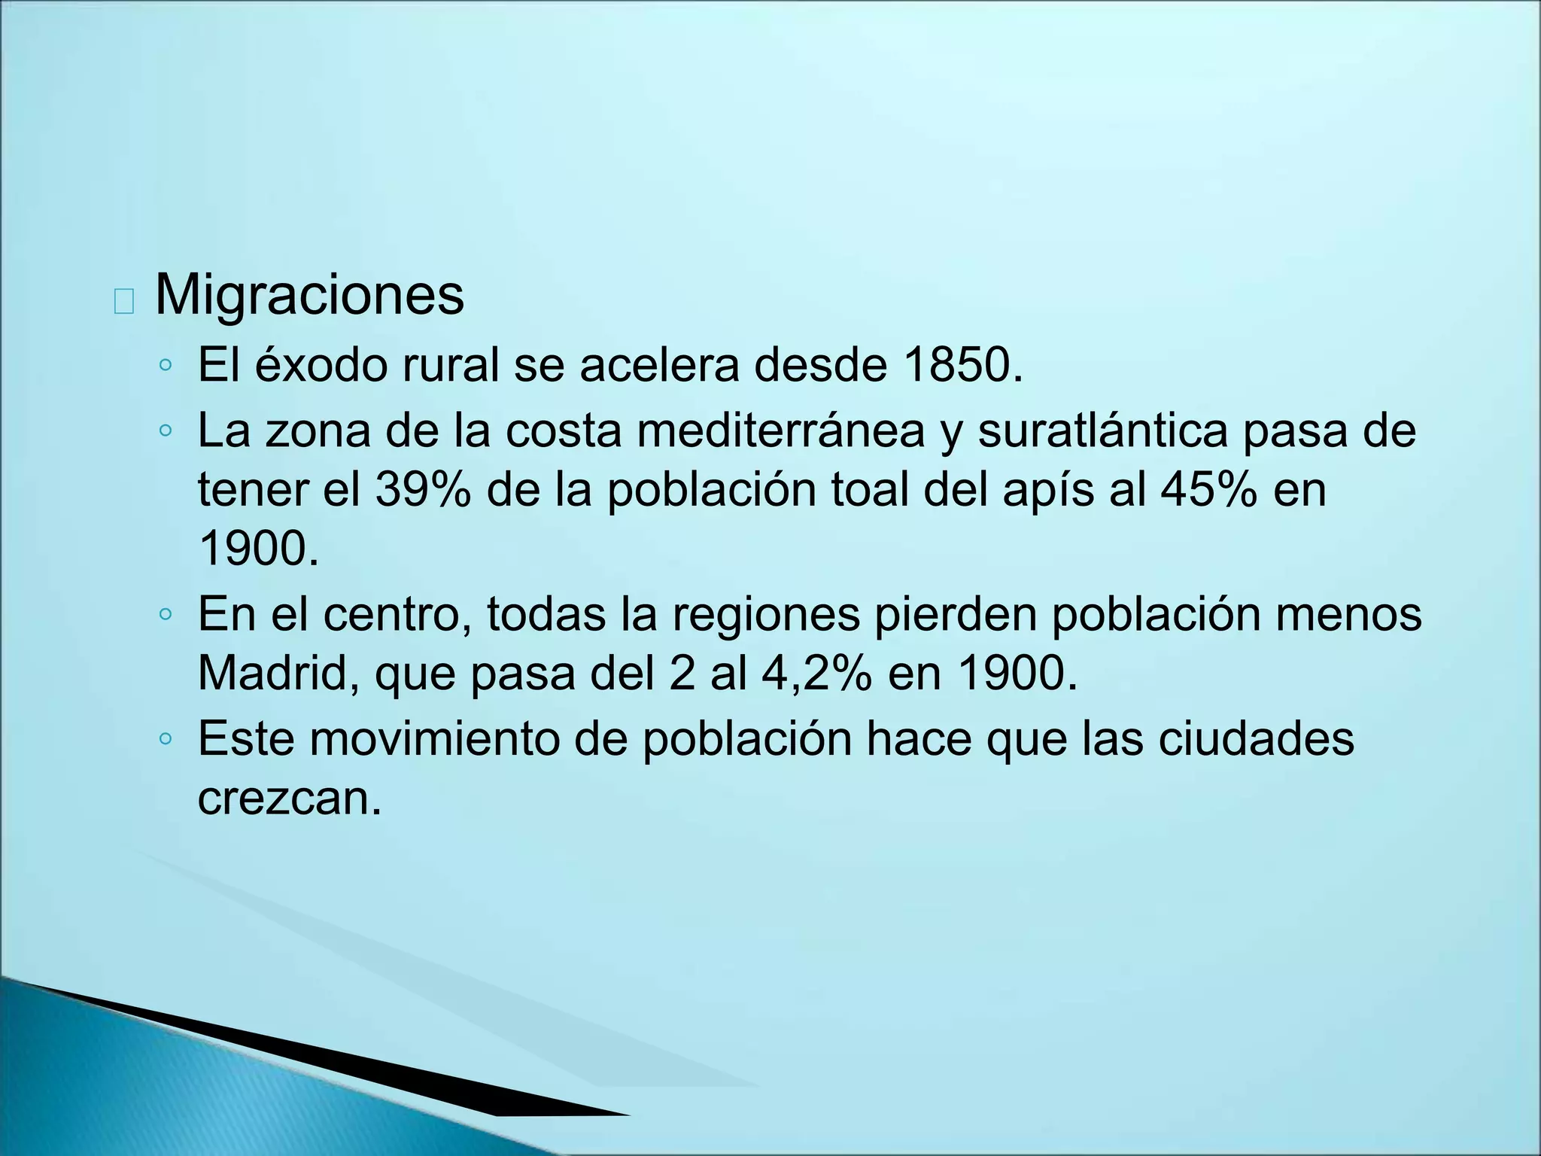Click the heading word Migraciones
(309, 295)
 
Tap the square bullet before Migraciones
(123, 301)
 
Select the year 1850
(962, 365)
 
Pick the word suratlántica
(1101, 431)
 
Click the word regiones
(765, 616)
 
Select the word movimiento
(434, 739)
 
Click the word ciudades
(1256, 739)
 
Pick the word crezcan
(289, 799)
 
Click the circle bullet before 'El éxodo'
(166, 367)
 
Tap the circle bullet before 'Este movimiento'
(166, 740)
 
